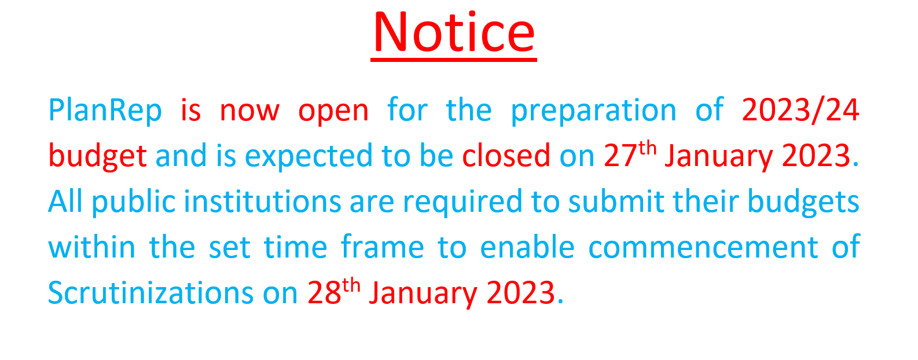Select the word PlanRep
[x=105, y=111]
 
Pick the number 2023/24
[x=800, y=111]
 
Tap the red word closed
[x=506, y=156]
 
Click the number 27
[x=620, y=156]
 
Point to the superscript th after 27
[x=648, y=148]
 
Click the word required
[x=462, y=203]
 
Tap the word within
[x=92, y=247]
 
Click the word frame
[x=382, y=247]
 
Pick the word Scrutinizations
[x=151, y=292]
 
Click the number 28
[x=324, y=293]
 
